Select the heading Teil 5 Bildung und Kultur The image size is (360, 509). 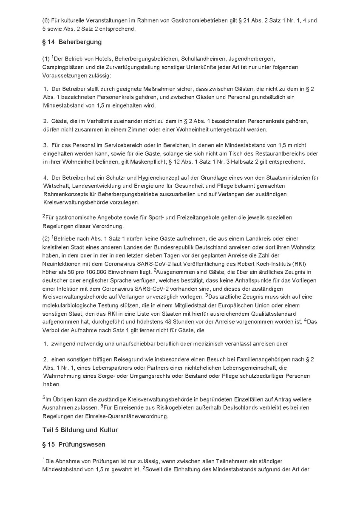[x=80, y=430]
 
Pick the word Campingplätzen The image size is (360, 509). [x=62, y=68]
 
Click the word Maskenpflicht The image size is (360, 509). [x=176, y=162]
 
